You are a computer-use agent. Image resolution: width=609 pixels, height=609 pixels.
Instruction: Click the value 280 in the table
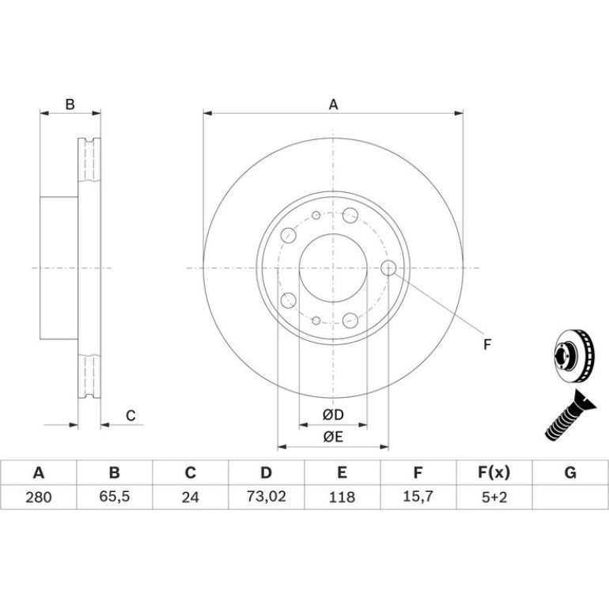click(x=39, y=497)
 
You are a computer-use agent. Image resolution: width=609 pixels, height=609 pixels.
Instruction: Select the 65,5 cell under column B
click(x=114, y=497)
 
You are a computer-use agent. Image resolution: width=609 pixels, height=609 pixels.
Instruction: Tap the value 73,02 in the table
click(x=266, y=497)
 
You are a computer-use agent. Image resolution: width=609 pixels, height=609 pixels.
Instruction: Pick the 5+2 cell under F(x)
click(x=494, y=497)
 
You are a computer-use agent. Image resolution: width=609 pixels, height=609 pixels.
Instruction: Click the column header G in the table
click(x=569, y=473)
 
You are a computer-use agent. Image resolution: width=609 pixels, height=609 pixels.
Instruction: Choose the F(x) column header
click(x=494, y=473)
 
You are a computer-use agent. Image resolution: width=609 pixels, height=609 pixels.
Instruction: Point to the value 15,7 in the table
click(x=418, y=497)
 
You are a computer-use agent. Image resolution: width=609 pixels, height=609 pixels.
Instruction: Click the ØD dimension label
click(x=333, y=414)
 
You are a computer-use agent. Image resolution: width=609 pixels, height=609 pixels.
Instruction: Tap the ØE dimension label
click(x=333, y=437)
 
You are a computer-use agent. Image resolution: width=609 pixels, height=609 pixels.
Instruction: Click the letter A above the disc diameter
click(x=333, y=104)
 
